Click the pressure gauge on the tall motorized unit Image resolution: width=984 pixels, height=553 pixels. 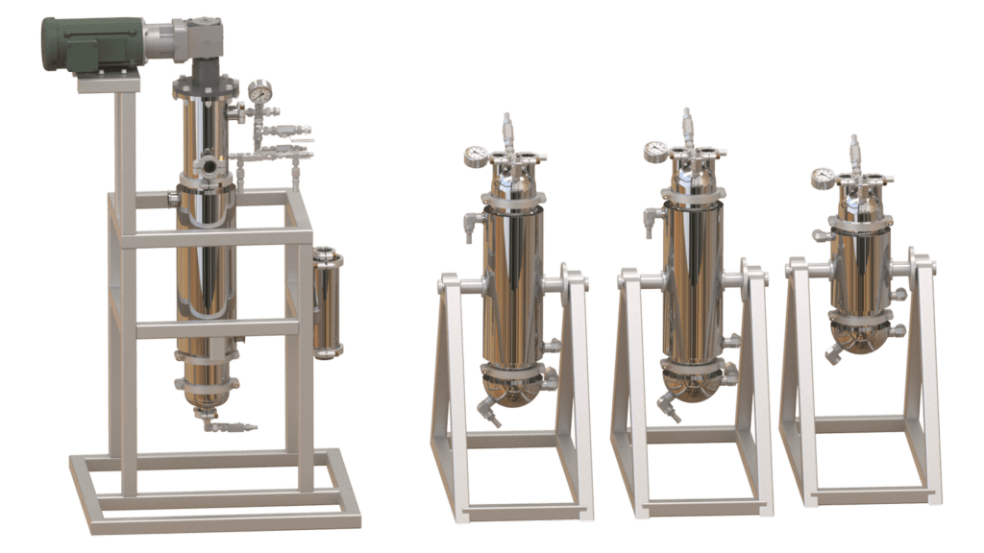coord(258,92)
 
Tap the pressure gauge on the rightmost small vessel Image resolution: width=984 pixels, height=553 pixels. coord(823,178)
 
